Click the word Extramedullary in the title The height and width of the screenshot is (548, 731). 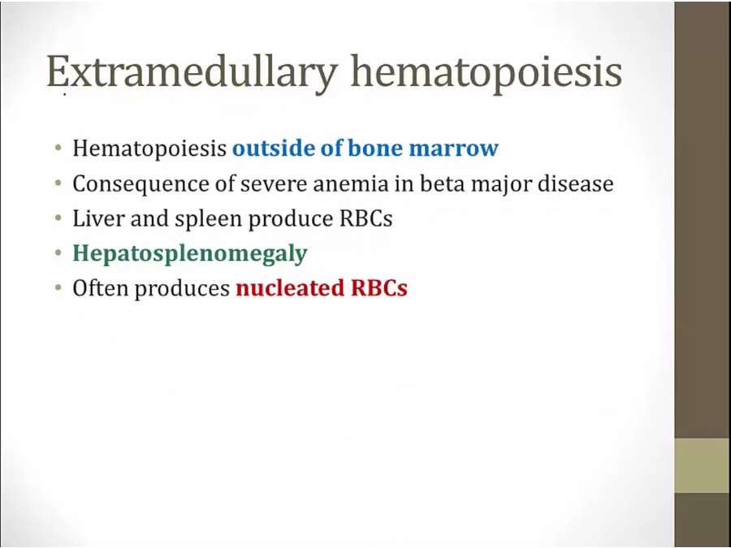192,72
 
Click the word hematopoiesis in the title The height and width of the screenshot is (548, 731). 487,74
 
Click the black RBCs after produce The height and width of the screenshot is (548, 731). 366,218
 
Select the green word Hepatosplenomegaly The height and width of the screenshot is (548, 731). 190,254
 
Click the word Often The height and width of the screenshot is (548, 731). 100,288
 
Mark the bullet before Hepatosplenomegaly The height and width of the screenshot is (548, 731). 58,253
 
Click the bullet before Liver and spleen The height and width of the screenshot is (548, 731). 58,218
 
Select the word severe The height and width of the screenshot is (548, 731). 275,185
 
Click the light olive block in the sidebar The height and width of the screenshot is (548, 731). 703,465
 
